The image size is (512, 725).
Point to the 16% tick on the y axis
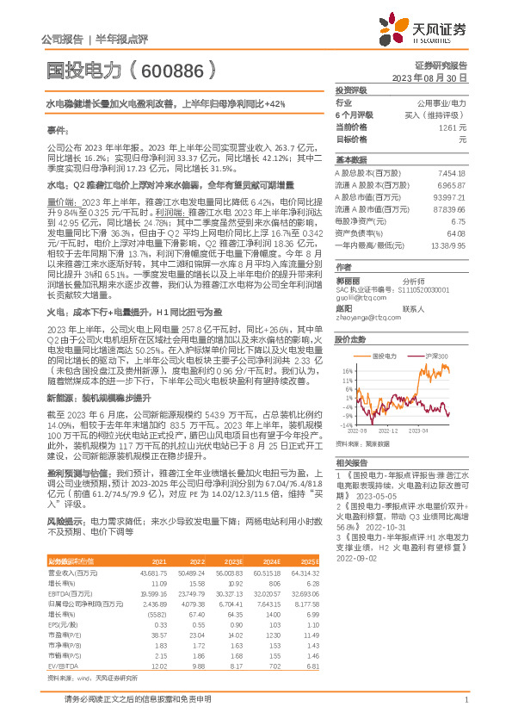[346, 370]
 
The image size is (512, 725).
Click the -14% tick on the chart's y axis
[345, 425]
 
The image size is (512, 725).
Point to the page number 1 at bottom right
[465, 700]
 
